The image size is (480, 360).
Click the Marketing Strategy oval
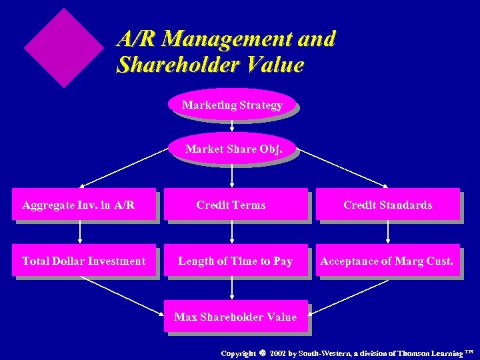tap(232, 105)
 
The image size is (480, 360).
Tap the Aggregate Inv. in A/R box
tap(83, 205)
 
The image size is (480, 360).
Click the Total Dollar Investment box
tap(83, 261)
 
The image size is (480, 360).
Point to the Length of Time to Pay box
tap(235, 261)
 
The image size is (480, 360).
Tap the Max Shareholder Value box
tap(235, 317)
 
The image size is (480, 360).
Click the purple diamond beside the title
tap(64, 47)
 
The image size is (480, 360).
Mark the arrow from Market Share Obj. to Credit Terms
tap(232, 175)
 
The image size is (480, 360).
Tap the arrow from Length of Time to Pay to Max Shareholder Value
tap(232, 287)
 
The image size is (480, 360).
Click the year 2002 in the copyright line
tap(278, 353)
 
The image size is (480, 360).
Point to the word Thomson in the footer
tap(413, 353)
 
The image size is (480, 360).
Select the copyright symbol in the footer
tap(262, 353)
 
